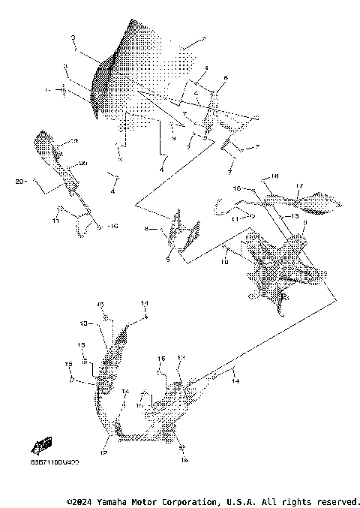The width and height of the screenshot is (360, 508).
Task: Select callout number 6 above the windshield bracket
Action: point(226,78)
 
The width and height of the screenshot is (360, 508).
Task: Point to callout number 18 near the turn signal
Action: point(274,176)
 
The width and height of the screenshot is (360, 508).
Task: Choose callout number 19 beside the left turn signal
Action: point(73,141)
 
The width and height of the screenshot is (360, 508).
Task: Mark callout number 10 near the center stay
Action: point(223,263)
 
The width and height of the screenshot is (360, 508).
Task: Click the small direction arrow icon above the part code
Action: point(42,443)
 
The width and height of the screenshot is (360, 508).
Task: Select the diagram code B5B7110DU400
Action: point(54,463)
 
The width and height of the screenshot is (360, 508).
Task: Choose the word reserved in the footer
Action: point(337,500)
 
